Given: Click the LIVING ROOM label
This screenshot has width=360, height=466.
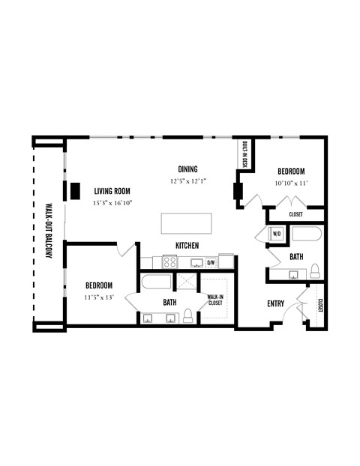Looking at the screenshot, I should click(113, 190).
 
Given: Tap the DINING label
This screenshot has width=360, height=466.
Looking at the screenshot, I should click(187, 169).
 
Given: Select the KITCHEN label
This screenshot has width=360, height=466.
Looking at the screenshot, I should click(187, 246).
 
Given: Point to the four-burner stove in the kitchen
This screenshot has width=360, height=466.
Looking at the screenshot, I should click(169, 262).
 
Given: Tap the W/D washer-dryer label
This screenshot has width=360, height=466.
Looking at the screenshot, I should click(276, 234).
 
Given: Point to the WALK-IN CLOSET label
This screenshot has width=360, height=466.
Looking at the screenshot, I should click(216, 300).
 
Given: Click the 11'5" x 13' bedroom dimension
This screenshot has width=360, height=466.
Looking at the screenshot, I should click(98, 297).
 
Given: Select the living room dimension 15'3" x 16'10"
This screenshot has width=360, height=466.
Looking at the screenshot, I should click(112, 202).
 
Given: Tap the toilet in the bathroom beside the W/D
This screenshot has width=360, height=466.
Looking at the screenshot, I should click(315, 270).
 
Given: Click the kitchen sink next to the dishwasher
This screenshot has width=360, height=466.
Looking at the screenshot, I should click(196, 262).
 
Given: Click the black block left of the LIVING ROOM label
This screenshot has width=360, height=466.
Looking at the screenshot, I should click(76, 190).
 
